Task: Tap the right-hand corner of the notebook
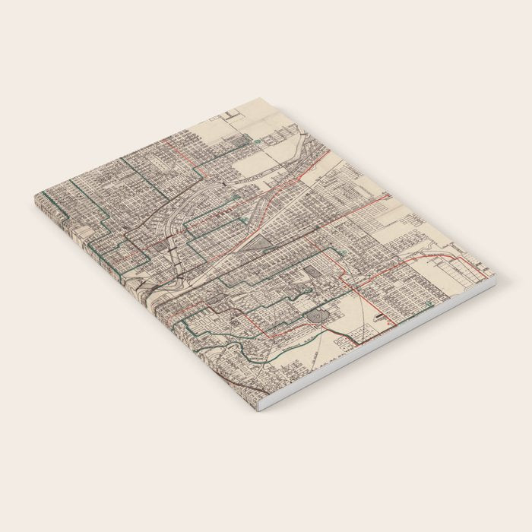pyautogui.click(x=494, y=277)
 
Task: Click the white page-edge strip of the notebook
pyautogui.click(x=380, y=346)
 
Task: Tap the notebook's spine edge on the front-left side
pyautogui.click(x=144, y=304)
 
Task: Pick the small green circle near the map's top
pyautogui.click(x=258, y=141)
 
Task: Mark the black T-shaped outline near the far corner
pyautogui.click(x=232, y=116)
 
